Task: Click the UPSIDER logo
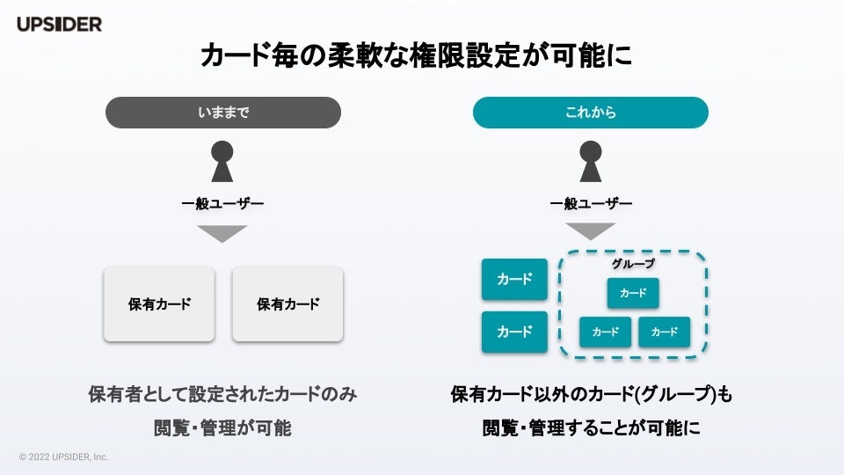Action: pyautogui.click(x=59, y=25)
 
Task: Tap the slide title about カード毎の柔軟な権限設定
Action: pyautogui.click(x=417, y=56)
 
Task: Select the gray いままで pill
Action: pyautogui.click(x=223, y=113)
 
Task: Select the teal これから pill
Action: pyautogui.click(x=591, y=113)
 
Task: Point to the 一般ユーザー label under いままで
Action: pyautogui.click(x=222, y=204)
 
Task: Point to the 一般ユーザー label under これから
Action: pyautogui.click(x=591, y=204)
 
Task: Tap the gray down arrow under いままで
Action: pyautogui.click(x=222, y=233)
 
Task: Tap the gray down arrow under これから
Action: pyautogui.click(x=591, y=231)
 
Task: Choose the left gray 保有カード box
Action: pyautogui.click(x=159, y=304)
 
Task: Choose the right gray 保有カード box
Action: pyautogui.click(x=287, y=304)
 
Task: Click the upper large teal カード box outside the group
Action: pyautogui.click(x=514, y=280)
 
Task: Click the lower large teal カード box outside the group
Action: pyautogui.click(x=514, y=332)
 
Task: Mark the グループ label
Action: pyautogui.click(x=633, y=263)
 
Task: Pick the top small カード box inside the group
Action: pyautogui.click(x=633, y=293)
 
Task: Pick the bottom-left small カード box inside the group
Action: pyautogui.click(x=605, y=332)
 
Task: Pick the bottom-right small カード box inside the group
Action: pyautogui.click(x=665, y=332)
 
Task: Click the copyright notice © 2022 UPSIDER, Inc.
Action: pyautogui.click(x=63, y=457)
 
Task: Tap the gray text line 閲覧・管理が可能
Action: pyautogui.click(x=222, y=428)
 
